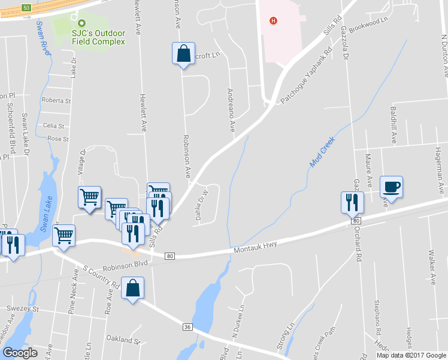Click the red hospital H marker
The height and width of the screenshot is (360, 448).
click(274, 21)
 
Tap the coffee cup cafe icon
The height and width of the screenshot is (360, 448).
click(391, 187)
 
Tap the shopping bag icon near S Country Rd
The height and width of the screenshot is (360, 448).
click(132, 289)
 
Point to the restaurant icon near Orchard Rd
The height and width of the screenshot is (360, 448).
click(352, 203)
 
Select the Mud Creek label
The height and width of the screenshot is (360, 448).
click(322, 152)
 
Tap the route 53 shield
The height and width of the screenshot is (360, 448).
click(26, 8)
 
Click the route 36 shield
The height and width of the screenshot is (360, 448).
click(187, 327)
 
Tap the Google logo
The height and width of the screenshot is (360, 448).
click(20, 353)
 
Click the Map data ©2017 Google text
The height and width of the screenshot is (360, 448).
click(411, 355)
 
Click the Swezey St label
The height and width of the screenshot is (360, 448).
click(22, 310)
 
